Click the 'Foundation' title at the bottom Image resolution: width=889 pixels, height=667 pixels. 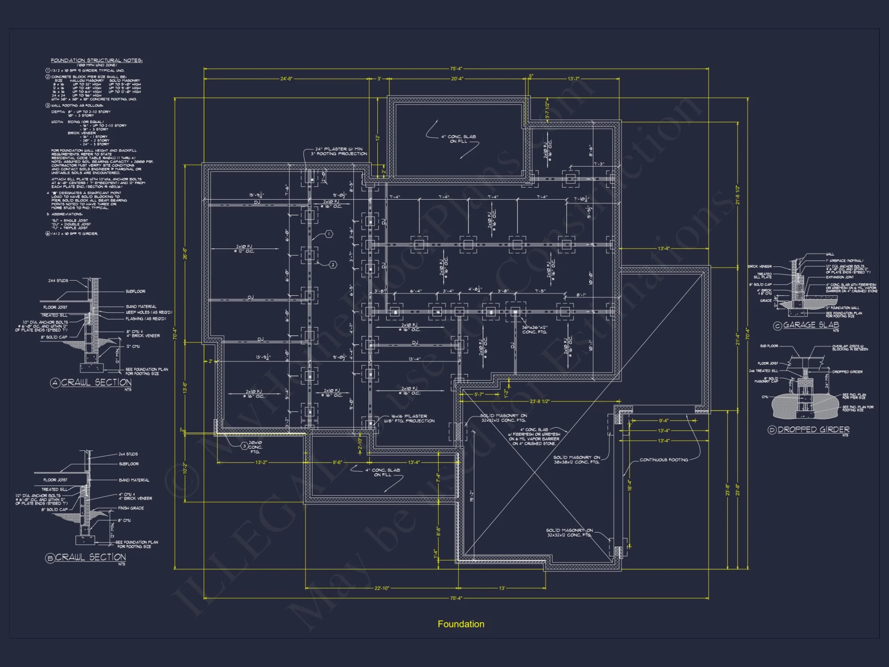pyautogui.click(x=461, y=624)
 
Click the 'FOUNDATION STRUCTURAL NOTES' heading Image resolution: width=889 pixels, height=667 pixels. pyautogui.click(x=96, y=60)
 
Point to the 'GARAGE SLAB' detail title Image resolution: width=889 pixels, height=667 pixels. pyautogui.click(x=811, y=325)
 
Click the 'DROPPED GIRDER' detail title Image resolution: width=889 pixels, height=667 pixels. pyautogui.click(x=813, y=430)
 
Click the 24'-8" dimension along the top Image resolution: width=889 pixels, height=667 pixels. pyautogui.click(x=286, y=79)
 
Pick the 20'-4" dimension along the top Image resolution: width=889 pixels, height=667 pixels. pyautogui.click(x=457, y=79)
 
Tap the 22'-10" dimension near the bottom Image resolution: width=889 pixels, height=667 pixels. pyautogui.click(x=381, y=588)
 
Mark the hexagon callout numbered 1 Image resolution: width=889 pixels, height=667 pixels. pyautogui.click(x=329, y=234)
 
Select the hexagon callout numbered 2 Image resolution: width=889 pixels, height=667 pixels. pyautogui.click(x=333, y=265)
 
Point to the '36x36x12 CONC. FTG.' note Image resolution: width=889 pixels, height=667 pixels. pyautogui.click(x=535, y=329)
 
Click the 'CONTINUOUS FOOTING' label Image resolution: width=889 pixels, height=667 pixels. pyautogui.click(x=664, y=460)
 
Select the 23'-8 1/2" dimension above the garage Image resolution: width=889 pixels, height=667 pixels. pyautogui.click(x=540, y=401)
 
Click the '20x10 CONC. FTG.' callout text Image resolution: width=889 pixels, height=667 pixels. pyautogui.click(x=255, y=447)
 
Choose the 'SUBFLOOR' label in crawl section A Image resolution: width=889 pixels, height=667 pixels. pyautogui.click(x=136, y=291)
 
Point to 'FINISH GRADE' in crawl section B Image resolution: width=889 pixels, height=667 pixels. pyautogui.click(x=131, y=508)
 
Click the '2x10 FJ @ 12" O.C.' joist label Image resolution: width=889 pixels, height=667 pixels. pyautogui.click(x=244, y=249)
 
